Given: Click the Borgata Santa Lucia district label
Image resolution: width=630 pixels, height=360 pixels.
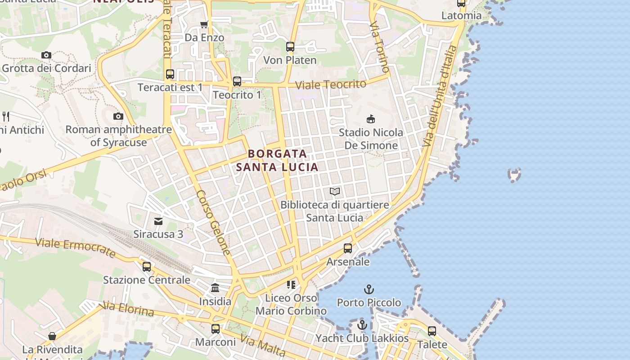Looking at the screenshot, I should [x=277, y=160].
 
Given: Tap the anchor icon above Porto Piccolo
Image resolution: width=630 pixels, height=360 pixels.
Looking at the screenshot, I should [x=369, y=289].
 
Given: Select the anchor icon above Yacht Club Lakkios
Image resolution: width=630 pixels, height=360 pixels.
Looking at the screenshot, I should [x=362, y=325].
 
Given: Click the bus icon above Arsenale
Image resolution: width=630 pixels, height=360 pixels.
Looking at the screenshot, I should [x=348, y=248].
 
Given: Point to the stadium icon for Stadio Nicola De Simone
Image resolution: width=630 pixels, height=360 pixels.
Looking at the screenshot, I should [x=370, y=119].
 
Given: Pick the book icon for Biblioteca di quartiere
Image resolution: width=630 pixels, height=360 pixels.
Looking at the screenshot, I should [x=334, y=191].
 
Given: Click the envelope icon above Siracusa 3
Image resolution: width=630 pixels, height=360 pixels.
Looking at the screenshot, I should [x=158, y=221].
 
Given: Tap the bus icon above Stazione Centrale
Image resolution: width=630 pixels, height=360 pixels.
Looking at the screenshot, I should [x=147, y=266].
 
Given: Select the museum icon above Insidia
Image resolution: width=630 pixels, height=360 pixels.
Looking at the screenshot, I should [x=215, y=288].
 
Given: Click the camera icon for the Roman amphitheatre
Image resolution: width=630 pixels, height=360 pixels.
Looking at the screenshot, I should [x=118, y=116].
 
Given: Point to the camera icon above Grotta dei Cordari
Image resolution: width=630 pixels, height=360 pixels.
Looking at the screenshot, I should [x=46, y=55].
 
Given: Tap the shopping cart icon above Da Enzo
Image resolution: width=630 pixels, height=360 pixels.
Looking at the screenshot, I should [x=204, y=24].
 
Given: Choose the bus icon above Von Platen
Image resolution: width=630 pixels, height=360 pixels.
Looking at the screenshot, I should [x=290, y=46].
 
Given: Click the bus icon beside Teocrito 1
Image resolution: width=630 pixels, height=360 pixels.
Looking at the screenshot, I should [x=237, y=81].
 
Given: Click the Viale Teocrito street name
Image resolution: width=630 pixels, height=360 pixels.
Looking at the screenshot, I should [x=331, y=85].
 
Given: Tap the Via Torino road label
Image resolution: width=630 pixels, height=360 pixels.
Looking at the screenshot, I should [x=379, y=46].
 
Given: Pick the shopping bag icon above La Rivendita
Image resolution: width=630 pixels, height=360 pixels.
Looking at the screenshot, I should [x=52, y=336].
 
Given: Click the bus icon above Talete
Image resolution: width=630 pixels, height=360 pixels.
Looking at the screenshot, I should [x=432, y=331].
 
